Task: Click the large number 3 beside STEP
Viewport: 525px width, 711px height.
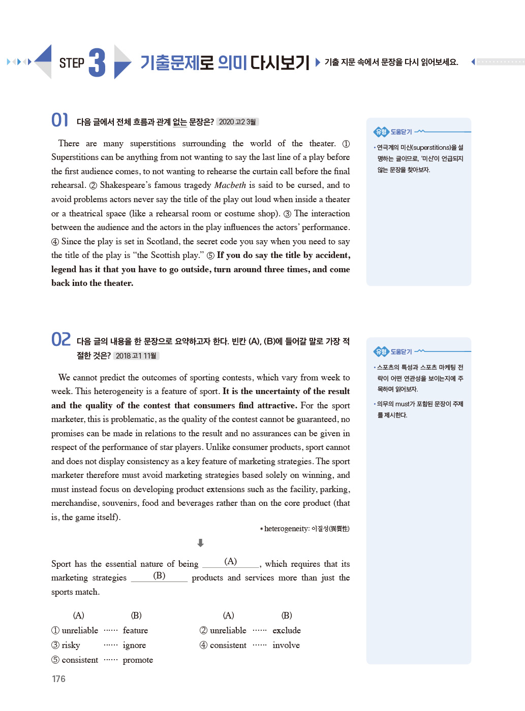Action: click(x=97, y=63)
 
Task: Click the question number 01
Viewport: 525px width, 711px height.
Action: click(x=59, y=120)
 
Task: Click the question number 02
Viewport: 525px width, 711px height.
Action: click(x=61, y=339)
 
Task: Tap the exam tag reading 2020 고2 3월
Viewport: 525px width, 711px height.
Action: click(x=237, y=122)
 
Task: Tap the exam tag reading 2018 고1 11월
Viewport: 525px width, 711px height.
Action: click(x=136, y=356)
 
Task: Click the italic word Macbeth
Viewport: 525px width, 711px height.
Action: click(x=230, y=185)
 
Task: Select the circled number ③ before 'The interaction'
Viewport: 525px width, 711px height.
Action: click(x=287, y=214)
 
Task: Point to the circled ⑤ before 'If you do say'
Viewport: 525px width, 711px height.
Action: click(x=210, y=255)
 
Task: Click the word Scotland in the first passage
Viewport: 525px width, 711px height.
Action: click(x=163, y=242)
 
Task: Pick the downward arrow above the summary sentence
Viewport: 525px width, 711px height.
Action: click(x=201, y=543)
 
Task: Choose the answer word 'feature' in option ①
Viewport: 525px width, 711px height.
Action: click(x=135, y=631)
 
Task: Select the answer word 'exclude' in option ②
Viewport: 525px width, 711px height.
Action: click(x=287, y=631)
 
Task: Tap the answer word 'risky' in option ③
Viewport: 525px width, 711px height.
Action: click(x=71, y=645)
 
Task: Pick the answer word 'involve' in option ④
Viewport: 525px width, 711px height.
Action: click(x=286, y=645)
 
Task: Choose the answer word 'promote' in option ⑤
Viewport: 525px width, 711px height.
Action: click(x=138, y=660)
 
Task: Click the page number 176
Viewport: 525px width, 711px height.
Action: click(x=58, y=679)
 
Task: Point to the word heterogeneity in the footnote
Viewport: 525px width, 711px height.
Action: click(x=286, y=529)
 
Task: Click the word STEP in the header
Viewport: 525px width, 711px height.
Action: click(x=72, y=63)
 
